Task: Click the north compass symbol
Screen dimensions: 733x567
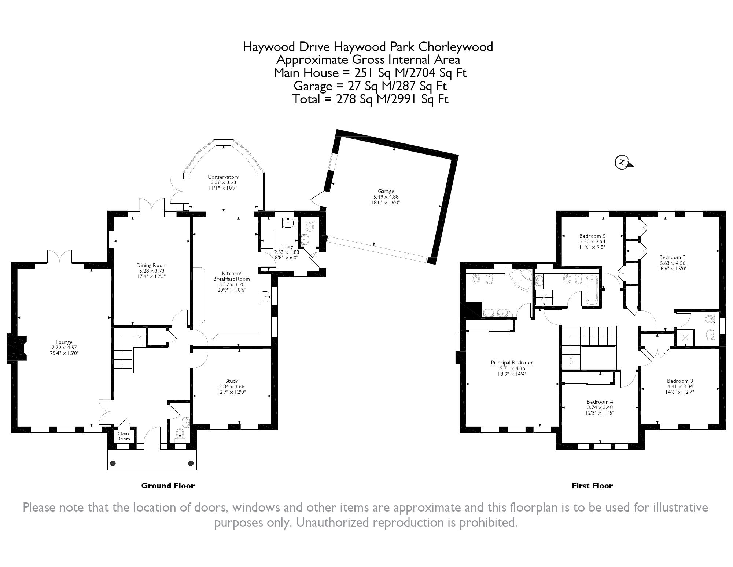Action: [622, 162]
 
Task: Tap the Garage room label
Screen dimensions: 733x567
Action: [386, 191]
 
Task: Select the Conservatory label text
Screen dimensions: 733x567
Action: [223, 177]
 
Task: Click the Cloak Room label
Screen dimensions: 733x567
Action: [124, 436]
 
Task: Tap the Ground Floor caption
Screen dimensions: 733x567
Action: [168, 486]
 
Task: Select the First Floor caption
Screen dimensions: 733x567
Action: [592, 486]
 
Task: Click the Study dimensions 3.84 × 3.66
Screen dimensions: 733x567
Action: [232, 386]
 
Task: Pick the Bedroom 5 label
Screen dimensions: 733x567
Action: [592, 236]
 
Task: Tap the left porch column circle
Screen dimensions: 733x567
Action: [113, 463]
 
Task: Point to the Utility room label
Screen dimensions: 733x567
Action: [286, 247]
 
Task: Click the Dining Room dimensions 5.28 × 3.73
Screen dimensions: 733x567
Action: [151, 271]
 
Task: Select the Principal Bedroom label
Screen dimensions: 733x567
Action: [512, 363]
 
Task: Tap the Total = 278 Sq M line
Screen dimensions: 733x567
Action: [370, 99]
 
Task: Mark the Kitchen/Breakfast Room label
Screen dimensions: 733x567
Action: [232, 276]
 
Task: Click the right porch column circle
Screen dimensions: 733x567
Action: [191, 463]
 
